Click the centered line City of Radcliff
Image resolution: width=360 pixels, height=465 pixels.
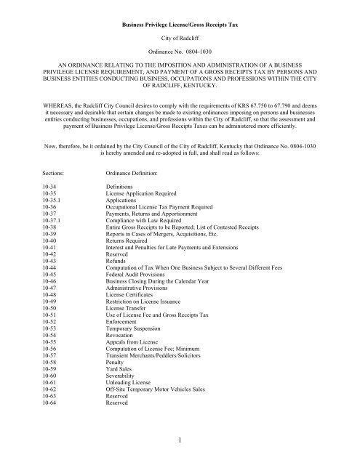[180, 35]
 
